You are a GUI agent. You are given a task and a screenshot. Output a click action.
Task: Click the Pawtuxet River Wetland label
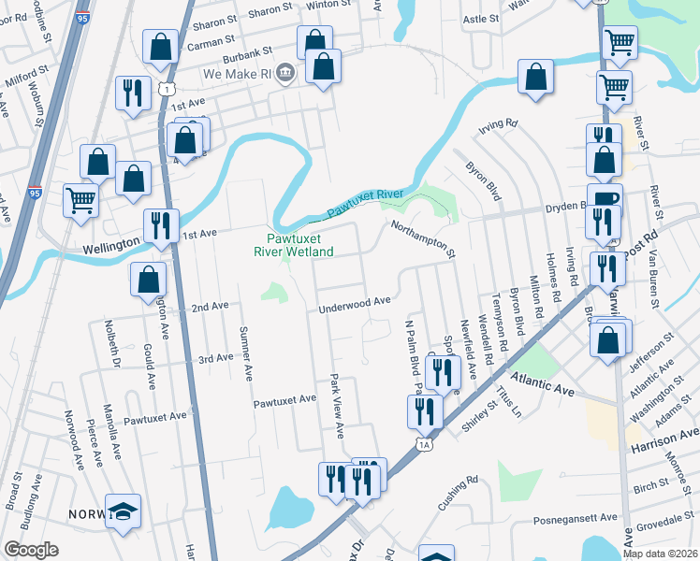pos(295,245)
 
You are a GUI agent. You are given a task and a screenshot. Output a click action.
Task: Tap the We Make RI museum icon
pos(285,72)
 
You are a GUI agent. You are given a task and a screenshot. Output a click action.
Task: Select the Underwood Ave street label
pos(354,303)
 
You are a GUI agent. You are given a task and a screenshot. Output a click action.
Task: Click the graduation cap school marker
pos(123,511)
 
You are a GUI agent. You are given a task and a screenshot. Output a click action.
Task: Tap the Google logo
pos(31,550)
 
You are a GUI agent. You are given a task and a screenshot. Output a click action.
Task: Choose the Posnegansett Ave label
pos(576,517)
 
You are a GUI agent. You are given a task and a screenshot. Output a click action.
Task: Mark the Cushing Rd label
pos(459,494)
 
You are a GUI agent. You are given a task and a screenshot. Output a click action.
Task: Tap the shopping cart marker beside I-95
pos(81,199)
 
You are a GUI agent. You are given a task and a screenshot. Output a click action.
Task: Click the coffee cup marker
pos(605,198)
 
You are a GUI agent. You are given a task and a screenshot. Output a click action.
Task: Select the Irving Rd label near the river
pos(499,123)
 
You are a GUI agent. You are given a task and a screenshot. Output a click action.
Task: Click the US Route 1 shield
pos(165,88)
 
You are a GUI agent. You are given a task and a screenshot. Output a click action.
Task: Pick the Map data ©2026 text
pos(661,554)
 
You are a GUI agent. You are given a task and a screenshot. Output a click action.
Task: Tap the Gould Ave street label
pos(149,364)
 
